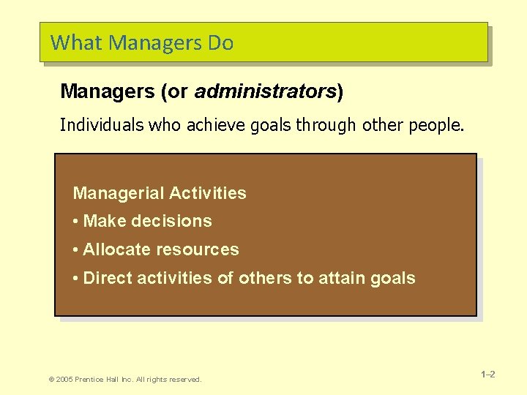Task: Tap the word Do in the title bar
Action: tap(220, 43)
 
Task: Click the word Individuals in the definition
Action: tap(102, 125)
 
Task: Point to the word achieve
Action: tap(212, 125)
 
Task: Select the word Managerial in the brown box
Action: tap(119, 194)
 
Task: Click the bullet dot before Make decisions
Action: tap(76, 222)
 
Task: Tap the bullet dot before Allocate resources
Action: tap(76, 250)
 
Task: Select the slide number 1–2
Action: tap(488, 375)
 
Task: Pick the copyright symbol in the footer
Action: tap(51, 379)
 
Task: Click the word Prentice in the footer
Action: tap(91, 379)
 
